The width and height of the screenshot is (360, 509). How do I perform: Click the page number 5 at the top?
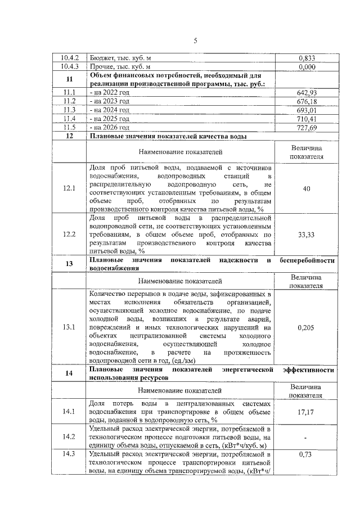pyautogui.click(x=195, y=40)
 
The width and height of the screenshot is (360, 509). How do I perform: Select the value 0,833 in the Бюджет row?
pyautogui.click(x=306, y=57)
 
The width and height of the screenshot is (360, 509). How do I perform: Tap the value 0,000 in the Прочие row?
pyautogui.click(x=306, y=67)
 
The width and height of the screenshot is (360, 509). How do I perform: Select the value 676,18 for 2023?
pyautogui.click(x=306, y=102)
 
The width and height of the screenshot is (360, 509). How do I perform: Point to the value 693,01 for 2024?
pyautogui.click(x=306, y=110)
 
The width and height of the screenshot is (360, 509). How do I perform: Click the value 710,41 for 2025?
pyautogui.click(x=306, y=119)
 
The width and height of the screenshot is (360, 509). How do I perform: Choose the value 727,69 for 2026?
pyautogui.click(x=306, y=128)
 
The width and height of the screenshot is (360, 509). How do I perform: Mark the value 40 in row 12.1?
pyautogui.click(x=307, y=188)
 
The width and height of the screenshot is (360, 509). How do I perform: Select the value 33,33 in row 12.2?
pyautogui.click(x=306, y=235)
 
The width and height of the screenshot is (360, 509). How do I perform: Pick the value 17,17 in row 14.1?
pyautogui.click(x=306, y=412)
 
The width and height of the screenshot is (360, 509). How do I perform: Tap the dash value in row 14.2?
pyautogui.click(x=306, y=436)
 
